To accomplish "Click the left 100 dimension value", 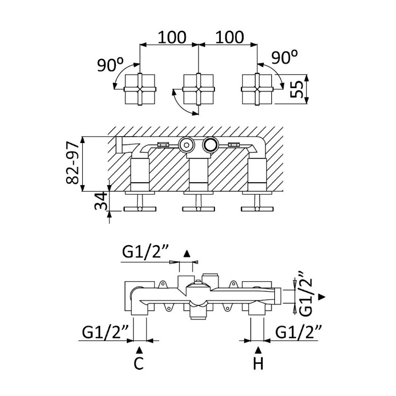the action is pos(172,37).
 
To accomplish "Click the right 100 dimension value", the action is pos(230,37).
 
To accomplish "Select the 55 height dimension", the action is pos(297,89).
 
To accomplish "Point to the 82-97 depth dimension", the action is pos(72,163).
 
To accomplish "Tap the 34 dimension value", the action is pos(101,201).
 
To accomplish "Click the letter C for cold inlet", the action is pos(139,364).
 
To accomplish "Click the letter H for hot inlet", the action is pos(258,364).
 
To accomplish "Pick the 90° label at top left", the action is pos(110,65).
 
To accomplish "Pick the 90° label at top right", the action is pos(284,57).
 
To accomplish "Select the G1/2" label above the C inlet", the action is pos(105,332).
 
